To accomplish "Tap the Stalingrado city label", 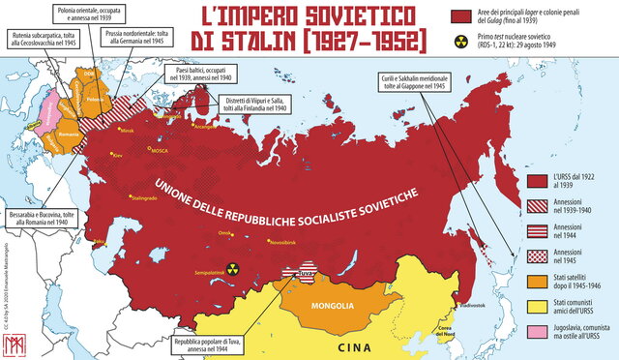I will coord(141,198).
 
